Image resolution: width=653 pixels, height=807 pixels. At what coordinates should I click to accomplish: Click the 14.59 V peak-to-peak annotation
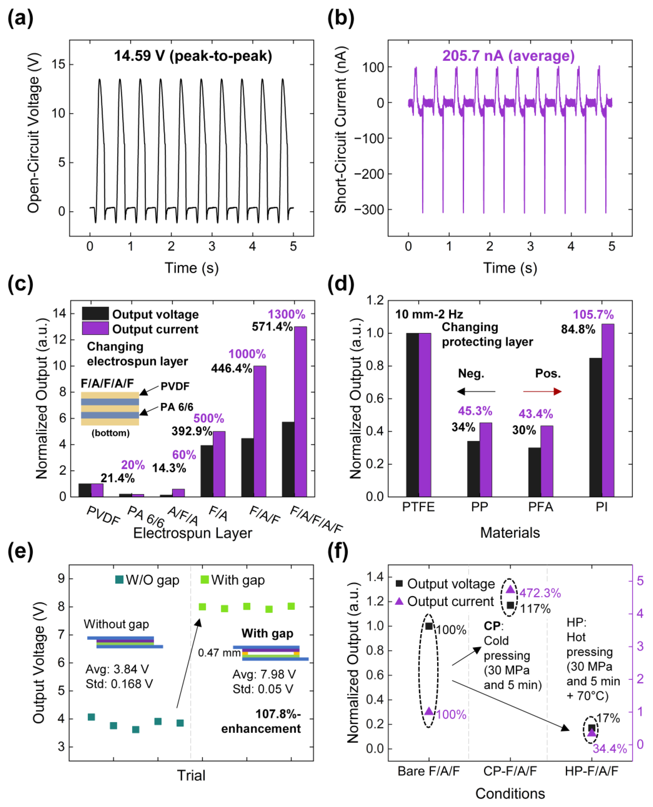[x=193, y=56]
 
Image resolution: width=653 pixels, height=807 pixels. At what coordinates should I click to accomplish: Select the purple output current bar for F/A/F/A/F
[x=301, y=412]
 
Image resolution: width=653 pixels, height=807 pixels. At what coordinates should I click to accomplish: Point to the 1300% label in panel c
[x=286, y=314]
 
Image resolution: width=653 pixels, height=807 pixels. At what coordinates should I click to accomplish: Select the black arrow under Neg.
[x=476, y=392]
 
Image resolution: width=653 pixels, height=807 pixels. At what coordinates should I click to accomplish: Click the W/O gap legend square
[x=119, y=580]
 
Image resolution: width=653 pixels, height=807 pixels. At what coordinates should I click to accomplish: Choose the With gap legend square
[x=205, y=580]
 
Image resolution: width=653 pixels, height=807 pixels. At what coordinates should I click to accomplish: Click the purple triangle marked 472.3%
[x=510, y=589]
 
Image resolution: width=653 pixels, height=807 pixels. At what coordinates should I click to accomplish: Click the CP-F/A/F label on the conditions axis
[x=510, y=771]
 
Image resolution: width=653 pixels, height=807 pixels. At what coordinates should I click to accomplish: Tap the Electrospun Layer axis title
[x=193, y=533]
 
